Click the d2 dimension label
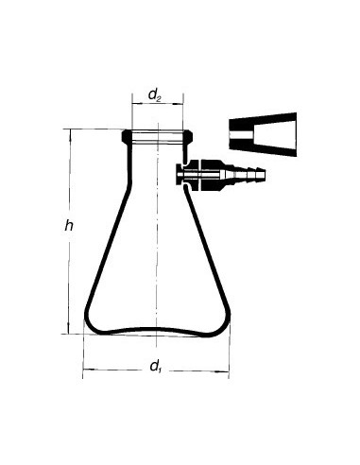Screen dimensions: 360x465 (x=155, y=95)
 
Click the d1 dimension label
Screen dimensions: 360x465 (x=155, y=367)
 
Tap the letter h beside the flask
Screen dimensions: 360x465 (x=69, y=226)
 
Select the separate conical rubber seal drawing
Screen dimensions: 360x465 (x=263, y=134)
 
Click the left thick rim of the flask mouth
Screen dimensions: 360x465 (x=127, y=137)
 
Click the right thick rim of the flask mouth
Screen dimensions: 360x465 (x=188, y=137)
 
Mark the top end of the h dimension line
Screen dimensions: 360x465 (x=70, y=129)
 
